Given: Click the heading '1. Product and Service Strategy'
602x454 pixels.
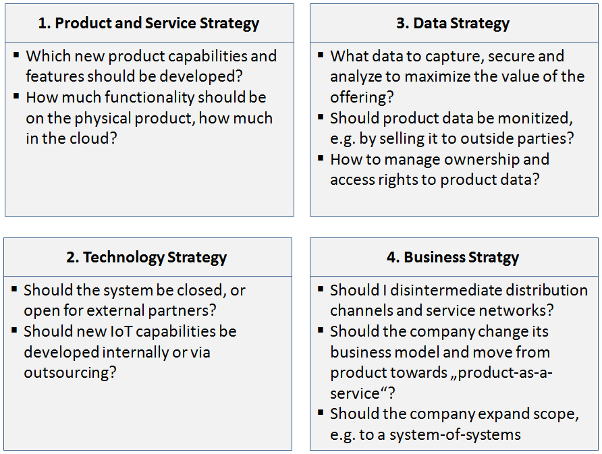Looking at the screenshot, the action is [148, 24].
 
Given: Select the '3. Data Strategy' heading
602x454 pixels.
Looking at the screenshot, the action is [453, 24].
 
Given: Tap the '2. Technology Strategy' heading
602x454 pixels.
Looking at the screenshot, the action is [146, 258].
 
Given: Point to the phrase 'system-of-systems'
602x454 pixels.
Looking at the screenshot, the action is [455, 435].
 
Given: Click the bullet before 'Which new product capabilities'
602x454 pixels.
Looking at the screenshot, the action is [16, 55].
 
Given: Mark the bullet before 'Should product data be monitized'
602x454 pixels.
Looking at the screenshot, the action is [321, 117].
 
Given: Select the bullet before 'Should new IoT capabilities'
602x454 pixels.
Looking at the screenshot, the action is [14, 330].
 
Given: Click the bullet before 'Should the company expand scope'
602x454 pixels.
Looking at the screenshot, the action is [321, 413].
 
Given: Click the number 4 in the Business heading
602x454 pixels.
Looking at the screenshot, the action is [391, 258].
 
